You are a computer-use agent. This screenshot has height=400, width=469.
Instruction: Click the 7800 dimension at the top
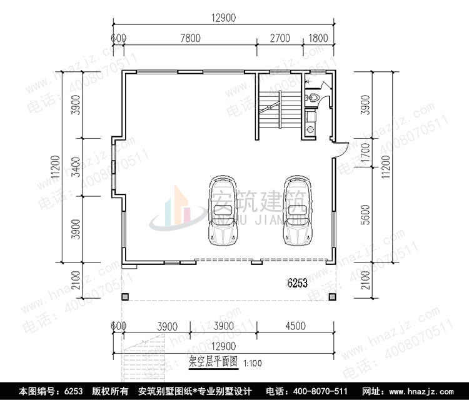pos(190,38)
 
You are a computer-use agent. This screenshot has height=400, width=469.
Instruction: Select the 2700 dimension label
pos(280,38)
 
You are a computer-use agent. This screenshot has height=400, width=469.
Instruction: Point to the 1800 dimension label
pos(318,38)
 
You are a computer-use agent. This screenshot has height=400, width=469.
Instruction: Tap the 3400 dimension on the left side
pos(76,166)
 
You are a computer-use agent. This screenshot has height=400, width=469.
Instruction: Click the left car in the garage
pos(222,210)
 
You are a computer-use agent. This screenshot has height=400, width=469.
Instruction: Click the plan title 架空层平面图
pos(213,361)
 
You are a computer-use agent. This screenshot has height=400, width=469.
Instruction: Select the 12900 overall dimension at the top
pos(223,18)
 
